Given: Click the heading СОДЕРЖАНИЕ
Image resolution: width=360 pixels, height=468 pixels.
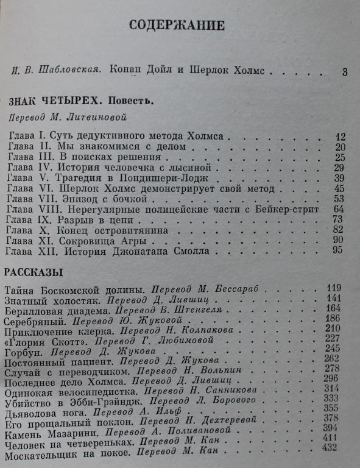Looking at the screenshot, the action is pyautogui.click(x=178, y=25).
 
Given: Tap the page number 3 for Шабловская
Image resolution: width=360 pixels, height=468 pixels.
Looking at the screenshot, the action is pyautogui.click(x=345, y=72).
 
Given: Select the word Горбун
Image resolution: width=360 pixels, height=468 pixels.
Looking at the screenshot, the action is pyautogui.click(x=23, y=351).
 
